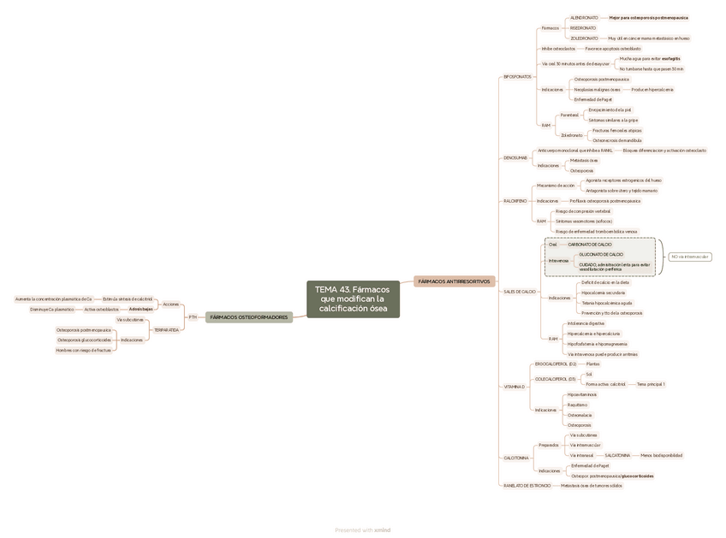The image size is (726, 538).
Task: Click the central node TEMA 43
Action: [x=353, y=299]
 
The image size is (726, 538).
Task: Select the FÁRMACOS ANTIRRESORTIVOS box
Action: [x=454, y=281]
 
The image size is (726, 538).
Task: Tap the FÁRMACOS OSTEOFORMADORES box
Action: [x=248, y=316]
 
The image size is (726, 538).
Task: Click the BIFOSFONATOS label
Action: [x=517, y=77]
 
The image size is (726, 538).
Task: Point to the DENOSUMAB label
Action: [x=515, y=157]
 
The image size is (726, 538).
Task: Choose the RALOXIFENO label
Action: [x=515, y=200]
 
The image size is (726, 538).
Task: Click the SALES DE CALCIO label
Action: [x=519, y=292]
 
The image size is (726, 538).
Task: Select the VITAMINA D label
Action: [x=514, y=387]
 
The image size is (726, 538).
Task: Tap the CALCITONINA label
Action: [x=516, y=458]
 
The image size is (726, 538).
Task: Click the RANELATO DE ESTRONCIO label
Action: [x=527, y=485]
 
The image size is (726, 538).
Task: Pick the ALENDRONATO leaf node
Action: [x=584, y=17]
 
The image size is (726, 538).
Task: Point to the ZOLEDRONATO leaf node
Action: [x=584, y=38]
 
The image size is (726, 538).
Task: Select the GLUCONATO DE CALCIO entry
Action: [x=601, y=254]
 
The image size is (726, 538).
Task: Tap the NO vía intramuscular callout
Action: [x=689, y=257]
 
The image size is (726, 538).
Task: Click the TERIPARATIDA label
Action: [x=166, y=329]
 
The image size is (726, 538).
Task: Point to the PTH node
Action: [x=193, y=316]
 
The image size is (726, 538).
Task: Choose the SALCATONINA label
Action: [x=617, y=455]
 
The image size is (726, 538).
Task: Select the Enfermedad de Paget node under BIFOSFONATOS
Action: [x=592, y=99]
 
